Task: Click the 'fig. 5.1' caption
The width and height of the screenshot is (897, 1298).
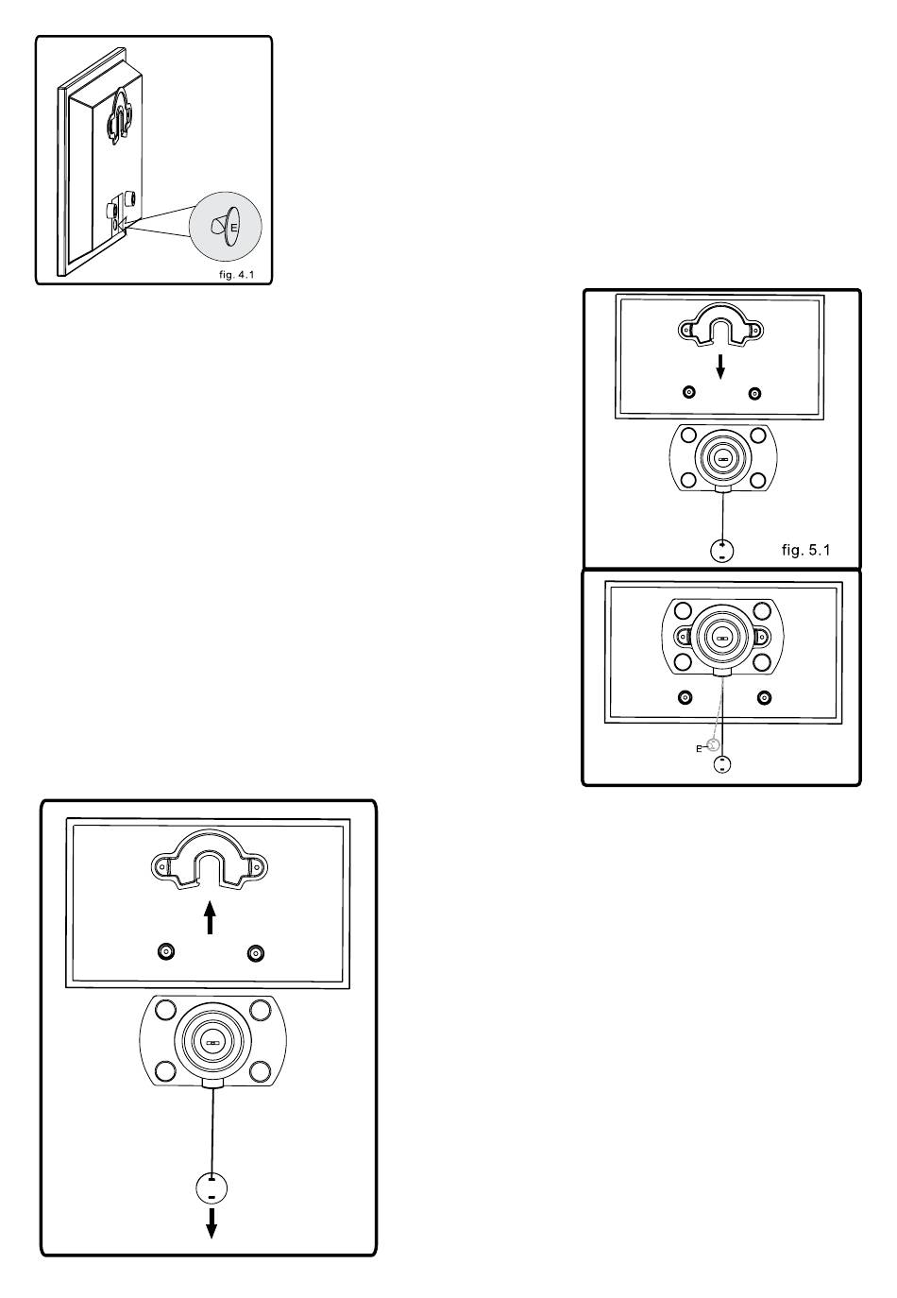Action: pyautogui.click(x=805, y=549)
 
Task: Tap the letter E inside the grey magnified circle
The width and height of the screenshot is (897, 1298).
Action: pyautogui.click(x=233, y=227)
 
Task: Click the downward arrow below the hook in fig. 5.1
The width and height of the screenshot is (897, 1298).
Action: pyautogui.click(x=720, y=367)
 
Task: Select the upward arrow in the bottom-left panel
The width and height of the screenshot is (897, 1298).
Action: pyautogui.click(x=211, y=917)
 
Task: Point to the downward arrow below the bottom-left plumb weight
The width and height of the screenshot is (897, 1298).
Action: pyautogui.click(x=212, y=1222)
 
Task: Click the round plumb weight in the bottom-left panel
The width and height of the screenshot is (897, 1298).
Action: pyautogui.click(x=212, y=1188)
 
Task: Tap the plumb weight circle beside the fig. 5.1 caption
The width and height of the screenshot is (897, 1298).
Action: pyautogui.click(x=721, y=551)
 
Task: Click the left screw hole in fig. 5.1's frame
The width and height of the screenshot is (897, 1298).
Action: pyautogui.click(x=689, y=392)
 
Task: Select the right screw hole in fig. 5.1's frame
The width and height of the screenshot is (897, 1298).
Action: pyautogui.click(x=753, y=392)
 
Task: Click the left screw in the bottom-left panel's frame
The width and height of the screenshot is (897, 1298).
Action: pyautogui.click(x=166, y=952)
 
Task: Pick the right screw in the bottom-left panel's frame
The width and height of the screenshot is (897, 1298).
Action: pyautogui.click(x=254, y=952)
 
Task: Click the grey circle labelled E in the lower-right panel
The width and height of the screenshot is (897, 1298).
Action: pyautogui.click(x=714, y=744)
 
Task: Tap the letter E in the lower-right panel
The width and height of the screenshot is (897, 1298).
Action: pyautogui.click(x=699, y=748)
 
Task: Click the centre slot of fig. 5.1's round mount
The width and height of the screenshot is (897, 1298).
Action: pyautogui.click(x=722, y=457)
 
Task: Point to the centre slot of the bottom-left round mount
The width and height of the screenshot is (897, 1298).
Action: pyautogui.click(x=211, y=1044)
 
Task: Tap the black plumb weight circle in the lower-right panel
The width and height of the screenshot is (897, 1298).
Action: pyautogui.click(x=721, y=764)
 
